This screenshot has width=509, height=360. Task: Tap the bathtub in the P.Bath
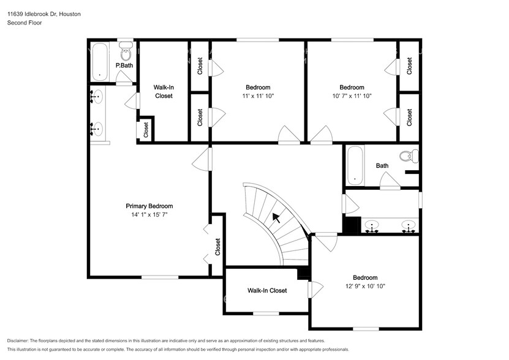100,62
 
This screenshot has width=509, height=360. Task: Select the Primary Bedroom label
149,206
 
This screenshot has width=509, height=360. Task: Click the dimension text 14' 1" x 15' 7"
149,214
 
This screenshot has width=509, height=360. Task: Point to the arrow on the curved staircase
276,218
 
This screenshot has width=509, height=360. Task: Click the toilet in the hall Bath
409,156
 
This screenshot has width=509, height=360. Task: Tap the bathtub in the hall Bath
355,165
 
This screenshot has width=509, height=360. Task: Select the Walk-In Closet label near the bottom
267,291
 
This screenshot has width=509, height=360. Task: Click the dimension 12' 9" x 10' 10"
365,286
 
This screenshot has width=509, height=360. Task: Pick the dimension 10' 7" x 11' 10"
352,96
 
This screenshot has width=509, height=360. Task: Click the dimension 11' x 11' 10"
258,96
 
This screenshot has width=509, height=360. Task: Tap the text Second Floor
25,23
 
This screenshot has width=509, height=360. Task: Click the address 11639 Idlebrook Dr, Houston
44,14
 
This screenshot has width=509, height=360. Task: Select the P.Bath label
124,66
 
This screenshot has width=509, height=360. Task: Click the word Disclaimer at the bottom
18,341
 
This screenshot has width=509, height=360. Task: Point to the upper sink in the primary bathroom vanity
97,97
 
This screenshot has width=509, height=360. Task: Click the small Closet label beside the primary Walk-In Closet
146,130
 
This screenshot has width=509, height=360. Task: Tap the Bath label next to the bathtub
382,165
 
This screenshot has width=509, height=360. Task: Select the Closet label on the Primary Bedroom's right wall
217,247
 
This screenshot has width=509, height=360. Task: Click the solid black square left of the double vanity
352,225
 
